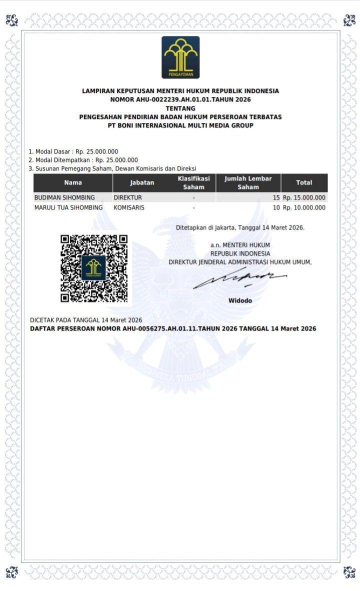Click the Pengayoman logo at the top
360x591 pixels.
pos(180,57)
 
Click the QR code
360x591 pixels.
pos(94,268)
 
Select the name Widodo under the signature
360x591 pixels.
pos(240,301)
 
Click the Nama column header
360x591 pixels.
pos(73,183)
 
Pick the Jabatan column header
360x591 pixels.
pos(142,183)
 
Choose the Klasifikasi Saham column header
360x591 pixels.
pos(193,183)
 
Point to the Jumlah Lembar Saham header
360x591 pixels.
pos(248,183)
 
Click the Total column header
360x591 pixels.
pos(304,183)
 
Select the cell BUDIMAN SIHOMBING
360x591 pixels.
pos(64,197)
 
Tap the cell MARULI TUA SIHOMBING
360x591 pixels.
pos(68,207)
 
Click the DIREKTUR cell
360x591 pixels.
pos(128,197)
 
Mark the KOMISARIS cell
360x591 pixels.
pos(129,207)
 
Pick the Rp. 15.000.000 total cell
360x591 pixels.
pos(304,197)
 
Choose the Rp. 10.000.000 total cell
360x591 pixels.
pos(304,207)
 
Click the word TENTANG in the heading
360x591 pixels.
pos(180,108)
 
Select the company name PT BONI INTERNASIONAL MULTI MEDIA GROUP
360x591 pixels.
pos(180,125)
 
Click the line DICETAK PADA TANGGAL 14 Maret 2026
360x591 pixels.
pos(86,320)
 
